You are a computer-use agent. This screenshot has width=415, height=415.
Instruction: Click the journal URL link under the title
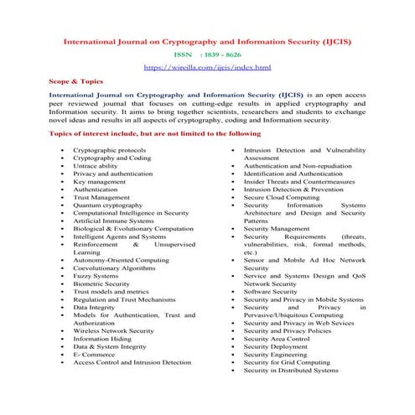pos(207,65)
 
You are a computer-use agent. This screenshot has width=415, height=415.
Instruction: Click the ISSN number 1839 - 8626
pos(219,52)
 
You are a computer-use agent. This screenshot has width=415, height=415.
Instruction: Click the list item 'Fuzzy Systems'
pos(95,274)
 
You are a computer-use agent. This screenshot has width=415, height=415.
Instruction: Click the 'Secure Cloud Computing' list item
pos(283,196)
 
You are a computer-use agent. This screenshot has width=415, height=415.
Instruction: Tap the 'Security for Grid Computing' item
pos(288,361)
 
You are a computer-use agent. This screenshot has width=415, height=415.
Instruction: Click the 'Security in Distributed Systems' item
pos(290,370)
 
